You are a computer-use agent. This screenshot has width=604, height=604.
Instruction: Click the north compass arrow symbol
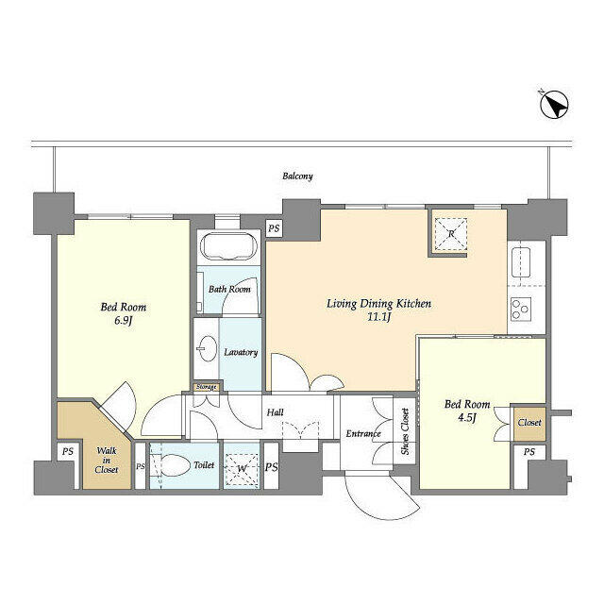pos(554,105)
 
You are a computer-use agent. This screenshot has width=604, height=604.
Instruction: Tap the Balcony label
pos(297,176)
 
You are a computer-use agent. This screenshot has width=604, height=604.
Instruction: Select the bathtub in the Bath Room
pos(228,246)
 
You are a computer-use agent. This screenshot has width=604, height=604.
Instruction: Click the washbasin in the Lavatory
pos(207,348)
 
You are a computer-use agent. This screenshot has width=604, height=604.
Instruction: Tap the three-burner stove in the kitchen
pos(521,310)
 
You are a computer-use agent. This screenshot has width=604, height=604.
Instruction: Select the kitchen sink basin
pos(521,262)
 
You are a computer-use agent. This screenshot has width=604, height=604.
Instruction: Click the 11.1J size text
pos(379,317)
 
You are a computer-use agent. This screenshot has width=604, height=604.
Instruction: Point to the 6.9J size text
pos(124,321)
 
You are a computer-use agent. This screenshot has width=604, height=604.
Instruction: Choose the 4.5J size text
pos(467,417)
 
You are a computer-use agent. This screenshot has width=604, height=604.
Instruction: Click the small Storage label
pos(206,386)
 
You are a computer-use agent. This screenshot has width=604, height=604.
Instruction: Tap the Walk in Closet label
pos(107,460)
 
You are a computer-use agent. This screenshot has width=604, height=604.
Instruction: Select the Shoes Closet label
pos(405,431)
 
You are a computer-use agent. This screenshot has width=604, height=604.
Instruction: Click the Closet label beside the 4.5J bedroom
pos(529,423)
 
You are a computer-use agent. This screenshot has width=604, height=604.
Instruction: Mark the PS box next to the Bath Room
pos(274,228)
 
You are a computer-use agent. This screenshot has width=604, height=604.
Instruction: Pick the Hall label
pos(276,412)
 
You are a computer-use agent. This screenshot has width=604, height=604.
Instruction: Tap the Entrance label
pos(363,434)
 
